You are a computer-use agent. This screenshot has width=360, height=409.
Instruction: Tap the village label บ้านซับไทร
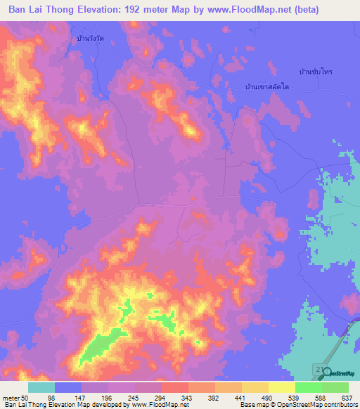tap(315, 72)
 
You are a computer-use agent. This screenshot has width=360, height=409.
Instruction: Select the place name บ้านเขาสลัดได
tap(267, 86)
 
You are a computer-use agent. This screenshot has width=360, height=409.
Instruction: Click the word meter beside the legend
tap(11, 398)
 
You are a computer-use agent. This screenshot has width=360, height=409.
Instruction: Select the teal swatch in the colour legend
tap(41, 387)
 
